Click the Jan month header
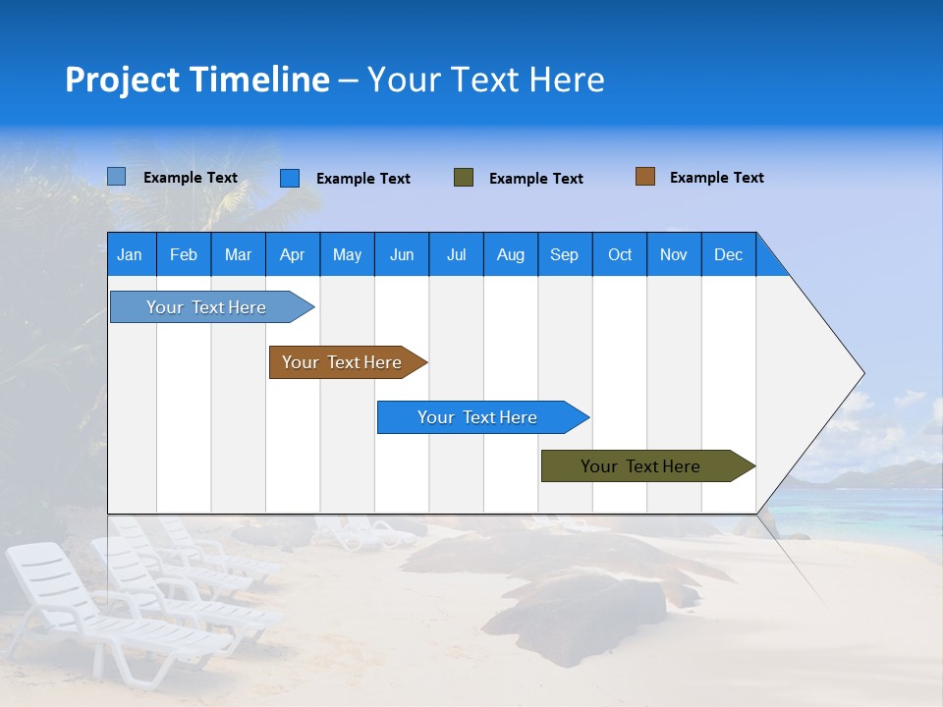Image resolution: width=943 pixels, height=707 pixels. (131, 254)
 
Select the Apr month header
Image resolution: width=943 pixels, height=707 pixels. (292, 254)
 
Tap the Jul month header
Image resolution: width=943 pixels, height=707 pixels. (456, 254)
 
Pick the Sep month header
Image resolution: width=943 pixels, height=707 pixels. (564, 254)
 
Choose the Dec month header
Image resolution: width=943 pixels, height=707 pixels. (728, 254)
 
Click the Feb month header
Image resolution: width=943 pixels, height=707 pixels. (184, 254)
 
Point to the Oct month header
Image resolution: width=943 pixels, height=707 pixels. (620, 254)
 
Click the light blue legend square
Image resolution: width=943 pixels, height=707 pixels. (117, 177)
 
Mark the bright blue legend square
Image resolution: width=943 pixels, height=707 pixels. (290, 178)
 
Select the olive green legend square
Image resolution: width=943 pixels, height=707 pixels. (464, 178)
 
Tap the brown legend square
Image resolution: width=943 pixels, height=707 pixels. (645, 177)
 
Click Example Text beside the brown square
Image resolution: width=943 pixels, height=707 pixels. (716, 178)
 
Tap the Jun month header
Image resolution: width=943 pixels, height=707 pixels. (402, 254)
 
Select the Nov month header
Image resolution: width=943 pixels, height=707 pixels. (674, 254)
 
